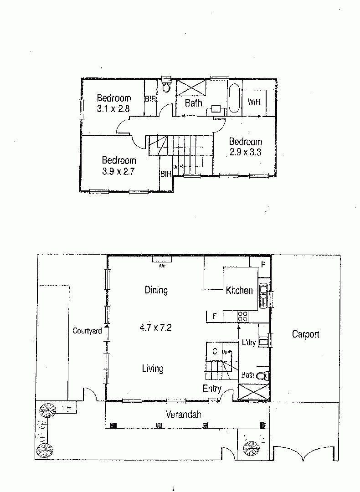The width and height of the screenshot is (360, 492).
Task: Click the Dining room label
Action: [x=156, y=290]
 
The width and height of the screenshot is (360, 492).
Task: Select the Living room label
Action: [x=153, y=369]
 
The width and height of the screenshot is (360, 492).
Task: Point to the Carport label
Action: [x=305, y=334]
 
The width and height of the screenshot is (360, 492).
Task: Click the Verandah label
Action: [x=183, y=415]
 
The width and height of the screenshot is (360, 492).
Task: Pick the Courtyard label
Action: [x=87, y=331]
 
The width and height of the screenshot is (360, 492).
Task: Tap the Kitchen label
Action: [x=239, y=291]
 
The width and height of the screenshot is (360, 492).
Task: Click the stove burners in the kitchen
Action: [x=242, y=315]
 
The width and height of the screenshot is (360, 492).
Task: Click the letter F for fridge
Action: [x=214, y=316]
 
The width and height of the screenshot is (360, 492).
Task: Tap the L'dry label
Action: [x=248, y=343]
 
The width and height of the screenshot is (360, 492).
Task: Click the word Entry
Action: [x=212, y=389]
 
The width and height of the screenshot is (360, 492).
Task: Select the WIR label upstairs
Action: [x=254, y=102]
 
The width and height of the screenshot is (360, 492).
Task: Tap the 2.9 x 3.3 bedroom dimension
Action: [x=245, y=153]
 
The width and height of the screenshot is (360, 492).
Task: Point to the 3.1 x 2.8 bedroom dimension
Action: [x=113, y=109]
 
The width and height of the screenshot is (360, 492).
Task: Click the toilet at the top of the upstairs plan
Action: [x=166, y=86]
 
